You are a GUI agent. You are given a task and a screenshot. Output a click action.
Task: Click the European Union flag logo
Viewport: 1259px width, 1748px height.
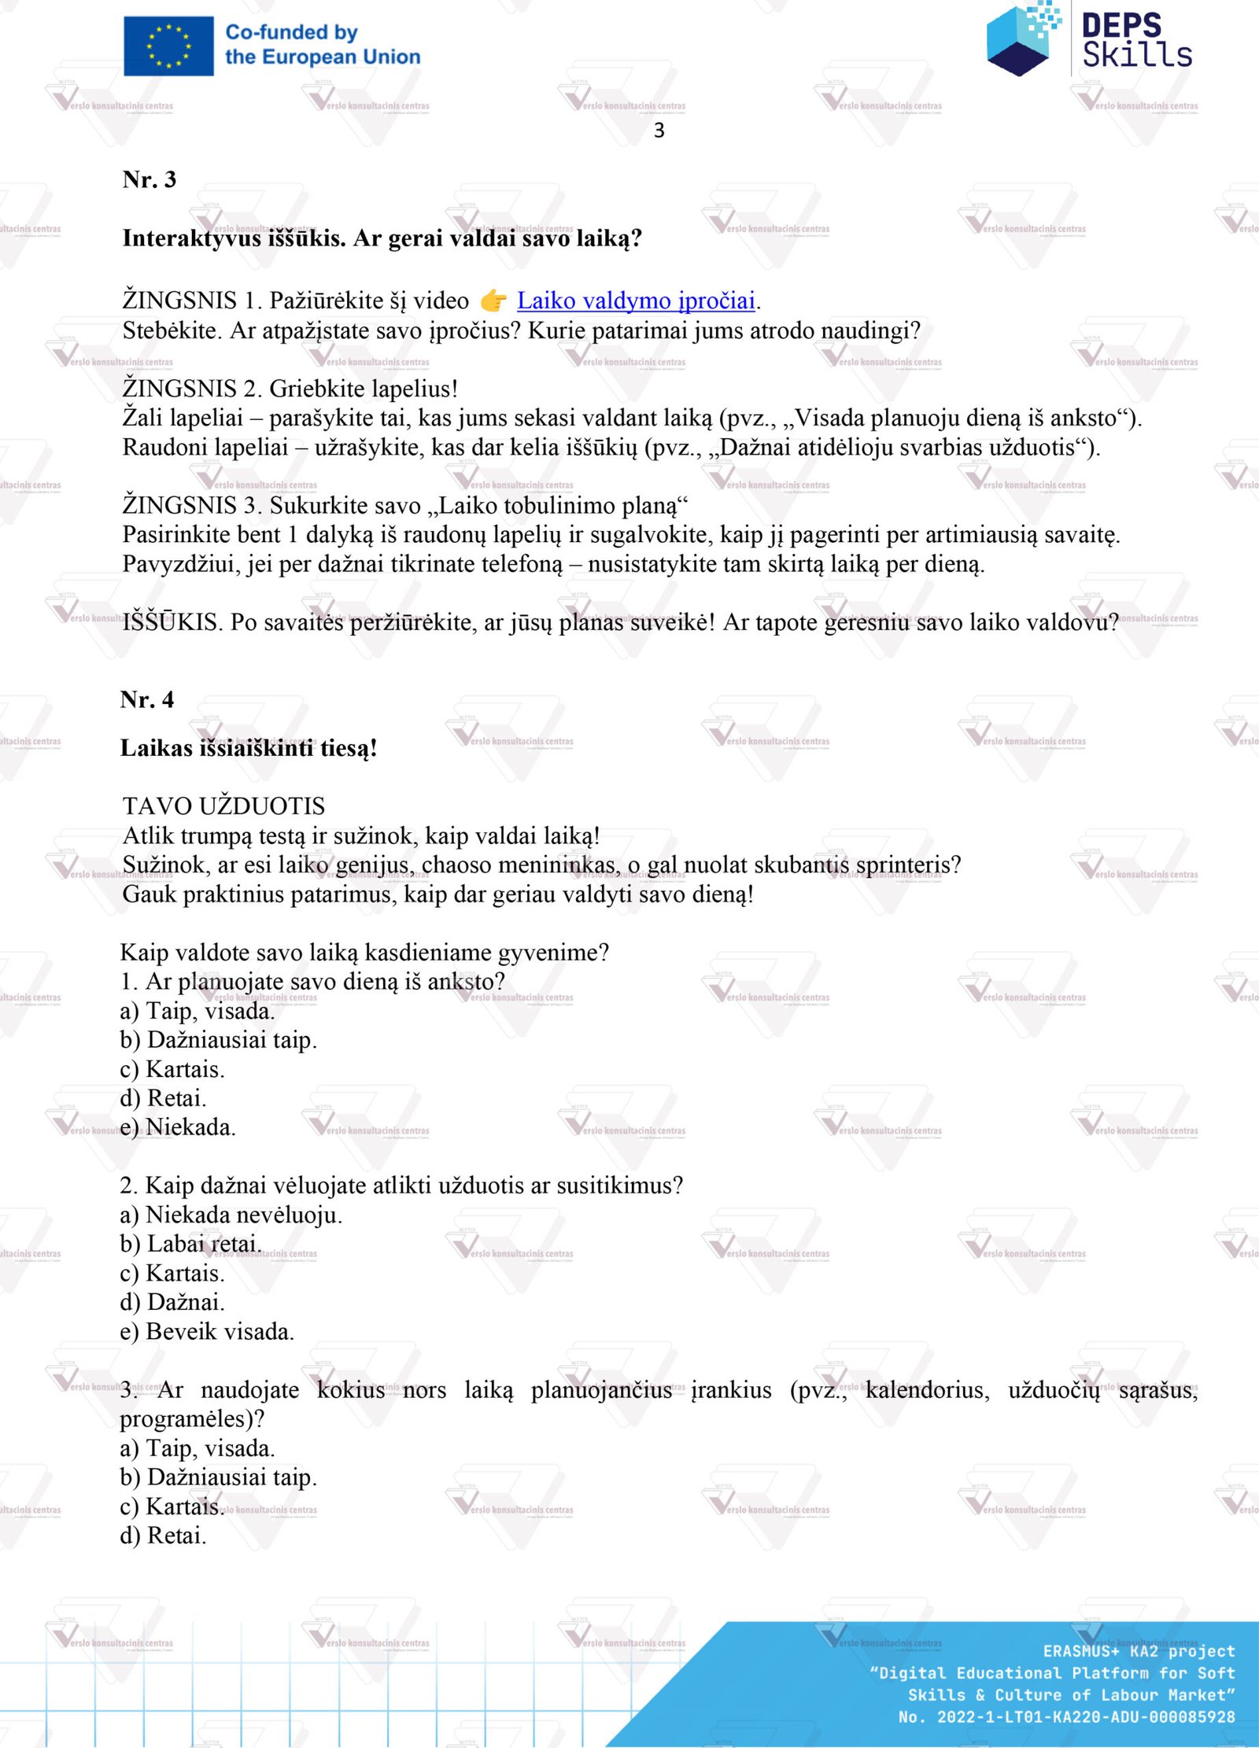pos(168,46)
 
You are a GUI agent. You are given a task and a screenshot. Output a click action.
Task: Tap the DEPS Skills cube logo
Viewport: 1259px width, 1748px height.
pos(1021,39)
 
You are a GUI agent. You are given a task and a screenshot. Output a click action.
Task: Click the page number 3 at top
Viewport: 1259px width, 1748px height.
pos(659,131)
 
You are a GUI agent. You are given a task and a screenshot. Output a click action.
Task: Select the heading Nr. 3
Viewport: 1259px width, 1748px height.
pos(150,179)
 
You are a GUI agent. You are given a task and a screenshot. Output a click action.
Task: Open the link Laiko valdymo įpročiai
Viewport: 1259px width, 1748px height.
pos(636,301)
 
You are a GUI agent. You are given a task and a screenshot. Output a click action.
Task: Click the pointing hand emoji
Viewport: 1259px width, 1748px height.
pos(493,301)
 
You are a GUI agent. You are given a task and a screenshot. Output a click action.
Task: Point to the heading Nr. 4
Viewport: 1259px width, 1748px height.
pos(147,699)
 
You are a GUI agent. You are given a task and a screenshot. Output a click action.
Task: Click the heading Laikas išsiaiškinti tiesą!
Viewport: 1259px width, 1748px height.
pos(249,748)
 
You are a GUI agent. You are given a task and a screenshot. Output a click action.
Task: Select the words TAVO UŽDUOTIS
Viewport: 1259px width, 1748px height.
pos(223,806)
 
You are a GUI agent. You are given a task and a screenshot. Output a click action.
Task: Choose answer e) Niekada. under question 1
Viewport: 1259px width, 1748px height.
pos(178,1127)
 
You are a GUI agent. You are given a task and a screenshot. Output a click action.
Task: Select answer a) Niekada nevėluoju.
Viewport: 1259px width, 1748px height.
pos(231,1215)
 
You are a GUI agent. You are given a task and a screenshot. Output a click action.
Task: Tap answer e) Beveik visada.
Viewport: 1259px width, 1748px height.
pos(207,1331)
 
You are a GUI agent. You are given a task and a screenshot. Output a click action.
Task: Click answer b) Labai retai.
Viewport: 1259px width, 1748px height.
pos(190,1244)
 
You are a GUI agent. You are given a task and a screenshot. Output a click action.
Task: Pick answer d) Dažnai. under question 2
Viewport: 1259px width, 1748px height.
pos(172,1302)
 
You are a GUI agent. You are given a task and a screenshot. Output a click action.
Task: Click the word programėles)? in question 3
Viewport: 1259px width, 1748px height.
pos(192,1418)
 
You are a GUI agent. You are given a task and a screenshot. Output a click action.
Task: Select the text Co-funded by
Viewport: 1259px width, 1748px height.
pos(291,32)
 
